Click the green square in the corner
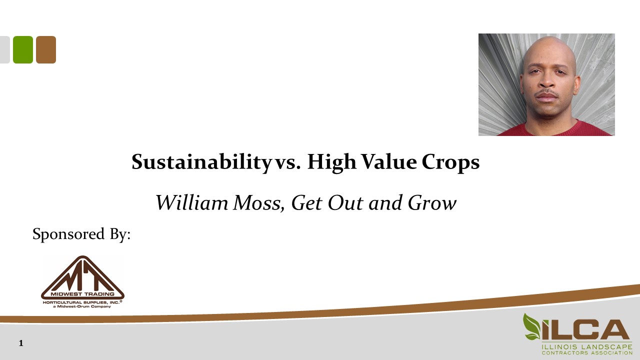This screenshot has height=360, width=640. (x=23, y=49)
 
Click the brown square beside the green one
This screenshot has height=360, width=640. (x=46, y=49)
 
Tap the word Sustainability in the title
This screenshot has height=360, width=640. (x=199, y=162)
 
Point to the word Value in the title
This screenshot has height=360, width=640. (x=386, y=162)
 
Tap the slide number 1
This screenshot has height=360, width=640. (x=21, y=343)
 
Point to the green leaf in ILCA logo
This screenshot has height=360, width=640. (x=531, y=326)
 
